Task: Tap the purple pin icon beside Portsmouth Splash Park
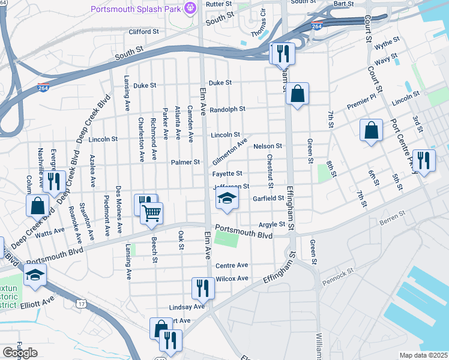point(190,8)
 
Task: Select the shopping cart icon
point(151,212)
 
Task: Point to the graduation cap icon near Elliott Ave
point(35,275)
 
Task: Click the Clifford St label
point(143,31)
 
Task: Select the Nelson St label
point(268,146)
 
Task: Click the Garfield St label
point(268,198)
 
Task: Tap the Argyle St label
point(271,224)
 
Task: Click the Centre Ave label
point(232,265)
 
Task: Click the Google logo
point(19,353)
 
